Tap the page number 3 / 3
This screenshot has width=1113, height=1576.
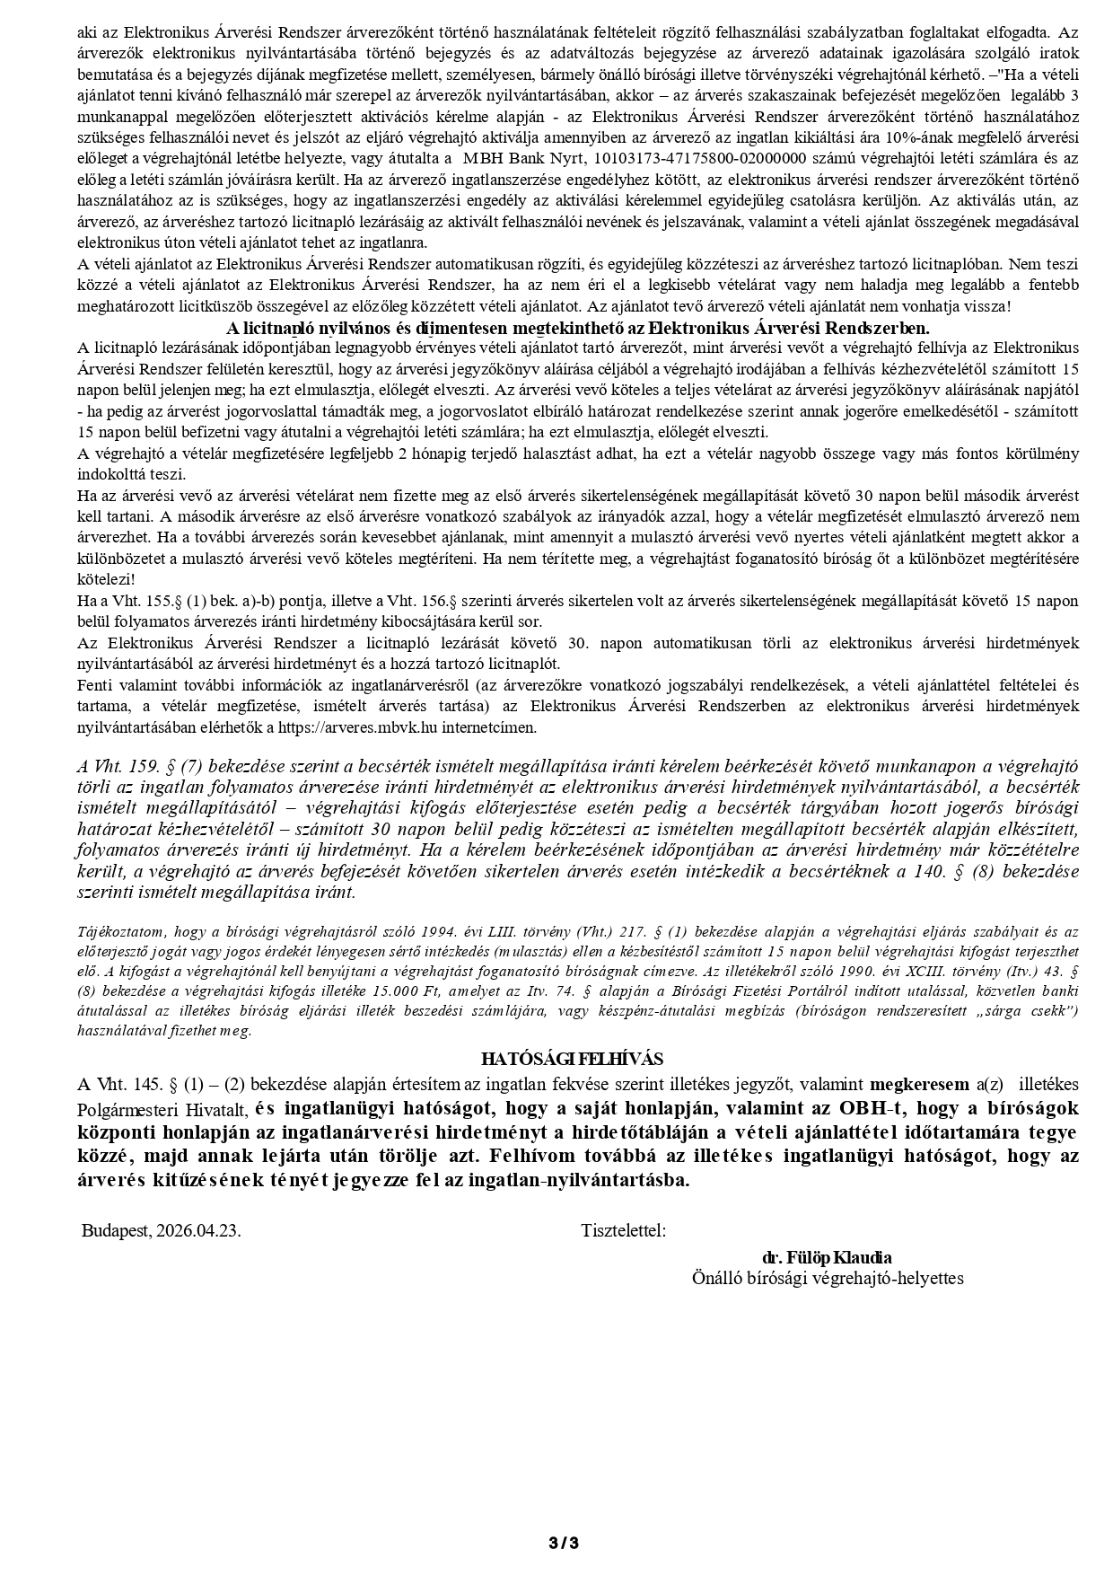pos(564,1543)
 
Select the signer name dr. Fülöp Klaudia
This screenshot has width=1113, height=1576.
pos(827,1257)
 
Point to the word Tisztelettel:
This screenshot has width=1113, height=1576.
pos(624,1230)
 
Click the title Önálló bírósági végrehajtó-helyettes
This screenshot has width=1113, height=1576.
pos(827,1277)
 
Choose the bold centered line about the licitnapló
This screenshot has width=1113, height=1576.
pos(578,328)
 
